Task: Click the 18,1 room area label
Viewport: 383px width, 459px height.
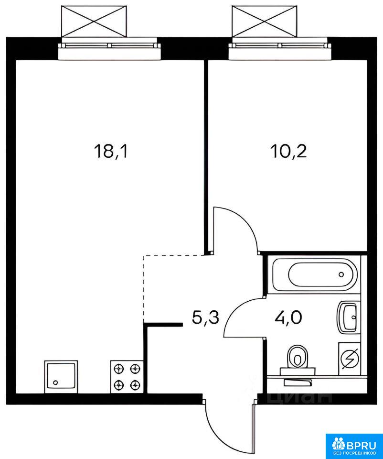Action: (x=111, y=153)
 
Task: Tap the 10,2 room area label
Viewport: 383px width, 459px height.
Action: (x=289, y=152)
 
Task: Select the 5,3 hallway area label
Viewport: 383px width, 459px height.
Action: (x=205, y=317)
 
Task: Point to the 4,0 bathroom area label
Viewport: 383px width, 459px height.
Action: (x=288, y=317)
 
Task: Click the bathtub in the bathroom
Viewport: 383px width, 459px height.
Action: (x=315, y=274)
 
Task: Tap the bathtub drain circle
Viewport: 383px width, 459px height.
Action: (x=341, y=274)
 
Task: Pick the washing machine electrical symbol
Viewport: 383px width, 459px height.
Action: (x=349, y=358)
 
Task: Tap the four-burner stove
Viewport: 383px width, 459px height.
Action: (x=127, y=377)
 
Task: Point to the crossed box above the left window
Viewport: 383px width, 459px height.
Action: (x=94, y=21)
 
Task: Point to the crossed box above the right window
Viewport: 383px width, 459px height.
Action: (x=265, y=21)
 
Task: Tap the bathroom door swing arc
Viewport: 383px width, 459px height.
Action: (x=234, y=310)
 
